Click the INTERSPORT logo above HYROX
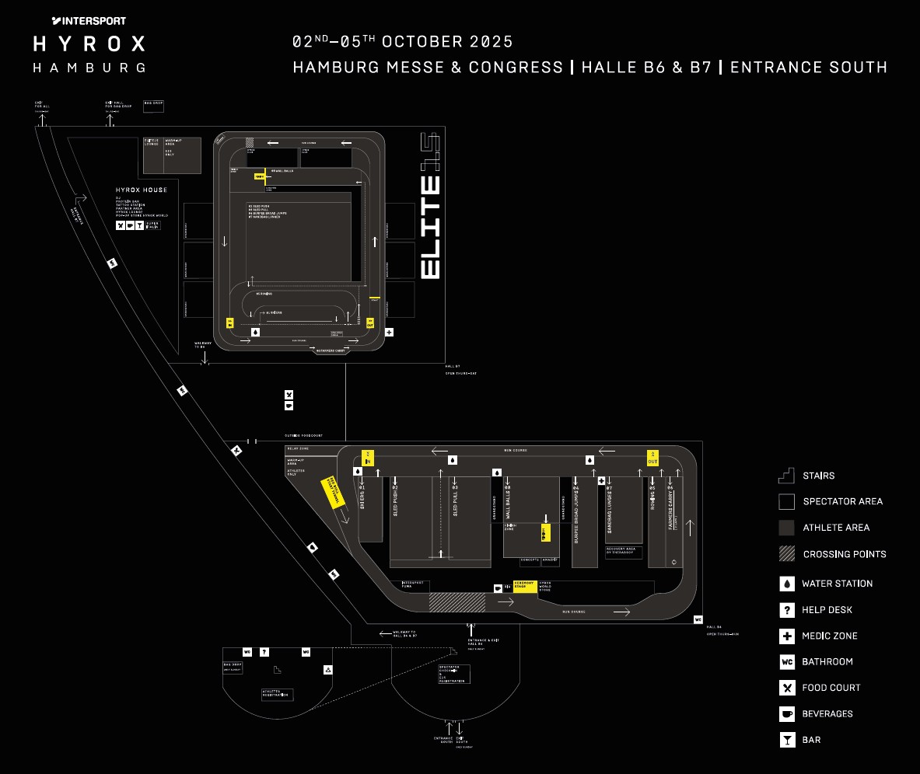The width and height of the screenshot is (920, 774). click(x=89, y=21)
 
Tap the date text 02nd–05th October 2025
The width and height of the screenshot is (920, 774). click(x=402, y=42)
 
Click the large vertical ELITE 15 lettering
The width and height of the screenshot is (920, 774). click(x=431, y=207)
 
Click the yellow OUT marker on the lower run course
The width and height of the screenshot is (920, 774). click(x=652, y=458)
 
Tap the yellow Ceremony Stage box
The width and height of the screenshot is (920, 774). click(x=525, y=586)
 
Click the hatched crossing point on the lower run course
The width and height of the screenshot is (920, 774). click(x=457, y=602)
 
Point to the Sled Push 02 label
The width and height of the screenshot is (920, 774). click(x=395, y=500)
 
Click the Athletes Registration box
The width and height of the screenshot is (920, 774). click(x=277, y=694)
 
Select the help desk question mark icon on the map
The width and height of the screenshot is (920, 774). click(x=264, y=651)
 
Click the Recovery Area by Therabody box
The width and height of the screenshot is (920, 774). click(x=623, y=552)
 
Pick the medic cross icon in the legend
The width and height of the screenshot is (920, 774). click(x=787, y=636)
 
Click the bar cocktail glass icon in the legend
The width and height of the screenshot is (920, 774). click(x=787, y=740)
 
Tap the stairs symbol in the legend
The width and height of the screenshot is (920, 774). click(x=787, y=476)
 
